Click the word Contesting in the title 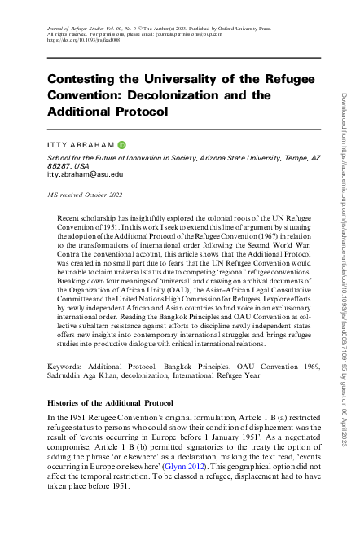click(x=86, y=79)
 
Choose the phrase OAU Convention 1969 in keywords click(x=265, y=369)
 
